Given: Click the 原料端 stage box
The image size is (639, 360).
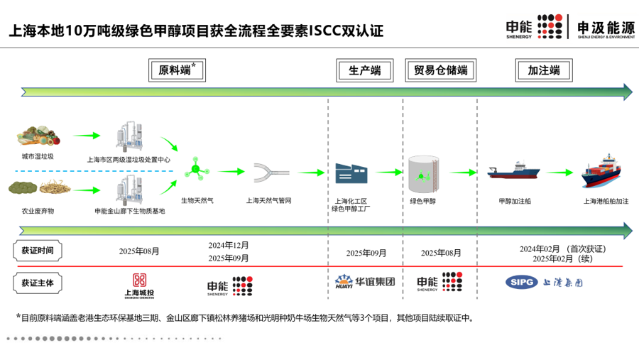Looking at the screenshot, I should click(x=176, y=70).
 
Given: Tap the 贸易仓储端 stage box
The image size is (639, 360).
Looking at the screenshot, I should click(x=439, y=70).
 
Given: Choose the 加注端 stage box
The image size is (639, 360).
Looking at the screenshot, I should click(x=543, y=70).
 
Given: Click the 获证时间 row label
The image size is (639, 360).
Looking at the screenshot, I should click(x=37, y=251).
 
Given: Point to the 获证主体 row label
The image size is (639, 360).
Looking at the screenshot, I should click(x=37, y=283).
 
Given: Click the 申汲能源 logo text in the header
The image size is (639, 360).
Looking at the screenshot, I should click(x=606, y=26).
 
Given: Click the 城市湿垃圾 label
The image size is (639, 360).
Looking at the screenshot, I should click(x=38, y=156).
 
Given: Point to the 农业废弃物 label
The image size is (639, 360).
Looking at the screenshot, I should click(x=38, y=212).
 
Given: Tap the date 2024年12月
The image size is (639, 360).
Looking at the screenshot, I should click(x=229, y=245).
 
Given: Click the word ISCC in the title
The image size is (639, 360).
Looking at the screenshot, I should click(x=327, y=31).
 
